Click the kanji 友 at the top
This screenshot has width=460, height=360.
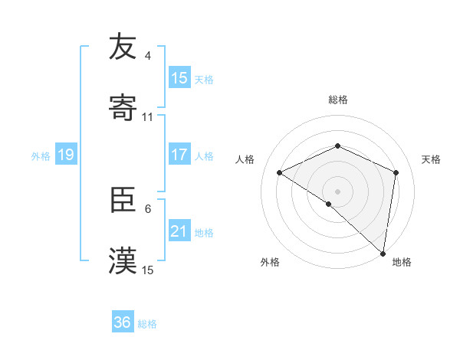point(123,47)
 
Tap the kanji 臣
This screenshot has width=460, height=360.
point(123,200)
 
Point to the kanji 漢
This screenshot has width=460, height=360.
point(123,260)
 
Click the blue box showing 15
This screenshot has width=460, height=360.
point(179,78)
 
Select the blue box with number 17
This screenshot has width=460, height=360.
point(179,155)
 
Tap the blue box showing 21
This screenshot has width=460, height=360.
point(179,231)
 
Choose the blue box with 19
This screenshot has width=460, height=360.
point(66,155)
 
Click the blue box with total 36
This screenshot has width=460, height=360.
point(123,322)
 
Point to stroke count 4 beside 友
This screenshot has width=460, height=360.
point(148,56)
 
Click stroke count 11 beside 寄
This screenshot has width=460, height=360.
point(148,117)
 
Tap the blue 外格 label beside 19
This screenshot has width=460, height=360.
point(41,156)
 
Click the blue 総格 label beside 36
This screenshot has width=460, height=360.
point(147,324)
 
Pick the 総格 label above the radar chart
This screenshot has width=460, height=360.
point(338,100)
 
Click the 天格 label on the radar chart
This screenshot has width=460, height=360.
point(431,159)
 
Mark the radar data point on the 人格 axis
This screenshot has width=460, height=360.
point(280,172)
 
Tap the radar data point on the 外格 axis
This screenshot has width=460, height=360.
point(329,204)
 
